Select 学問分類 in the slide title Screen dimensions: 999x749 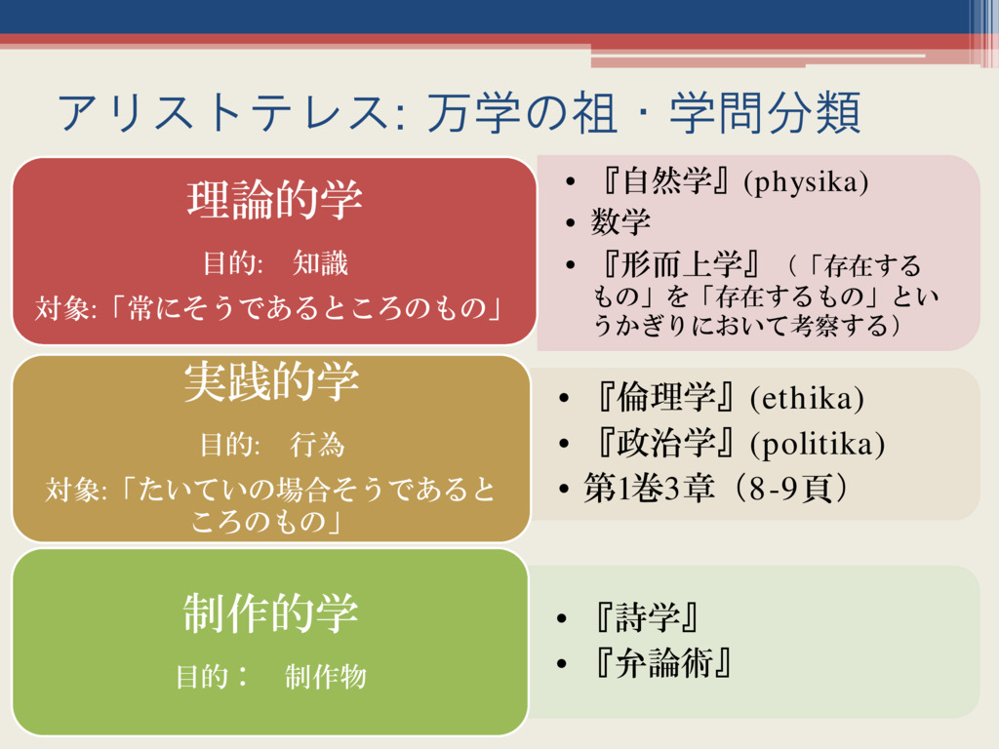tap(765, 113)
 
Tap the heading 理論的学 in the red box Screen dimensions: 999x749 tap(274, 199)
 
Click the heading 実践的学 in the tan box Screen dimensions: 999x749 tap(271, 382)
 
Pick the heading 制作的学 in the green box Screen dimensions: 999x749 tap(271, 612)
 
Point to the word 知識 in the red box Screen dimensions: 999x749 tap(320, 263)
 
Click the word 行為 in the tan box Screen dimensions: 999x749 tap(317, 445)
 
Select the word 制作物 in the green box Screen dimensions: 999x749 tap(326, 677)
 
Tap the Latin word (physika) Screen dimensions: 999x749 tap(806, 182)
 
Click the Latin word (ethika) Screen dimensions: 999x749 tap(807, 399)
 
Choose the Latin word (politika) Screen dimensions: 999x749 tap(818, 445)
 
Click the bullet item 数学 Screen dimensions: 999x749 tap(620, 222)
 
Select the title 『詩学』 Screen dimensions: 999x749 tap(643, 617)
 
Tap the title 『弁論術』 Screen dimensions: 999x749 tap(659, 663)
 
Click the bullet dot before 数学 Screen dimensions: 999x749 tap(570, 223)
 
